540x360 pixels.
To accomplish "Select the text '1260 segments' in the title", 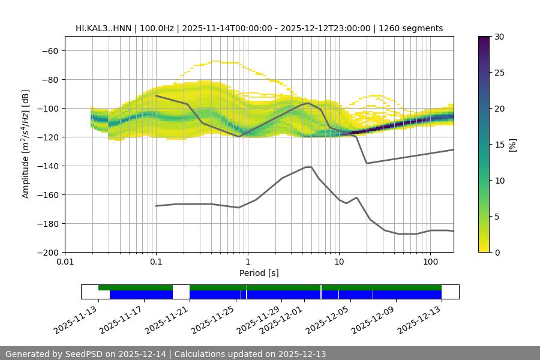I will [415, 28].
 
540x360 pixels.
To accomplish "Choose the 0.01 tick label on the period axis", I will [65, 262].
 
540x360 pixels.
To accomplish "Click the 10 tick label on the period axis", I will [339, 262].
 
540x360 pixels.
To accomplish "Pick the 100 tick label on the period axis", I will [430, 262].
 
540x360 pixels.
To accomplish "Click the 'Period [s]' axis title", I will [259, 273].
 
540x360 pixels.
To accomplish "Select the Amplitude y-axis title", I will [26, 145].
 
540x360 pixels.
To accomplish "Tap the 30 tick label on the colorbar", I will [499, 37].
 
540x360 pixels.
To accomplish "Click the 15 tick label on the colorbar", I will [499, 145].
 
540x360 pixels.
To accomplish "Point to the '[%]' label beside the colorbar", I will [513, 145].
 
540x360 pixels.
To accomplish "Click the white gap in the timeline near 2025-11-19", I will [181, 292].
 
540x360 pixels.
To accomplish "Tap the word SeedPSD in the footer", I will [87, 354].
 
